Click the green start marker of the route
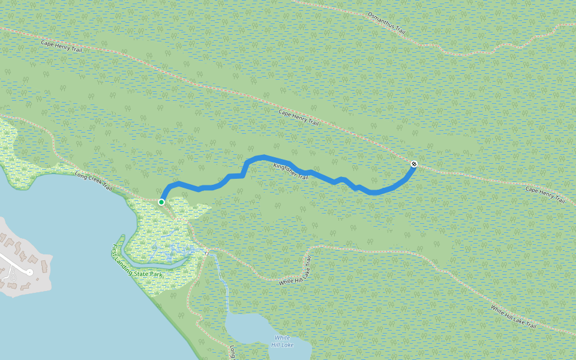pyautogui.click(x=161, y=202)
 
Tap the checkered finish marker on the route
pyautogui.click(x=414, y=164)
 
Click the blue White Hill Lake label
pyautogui.click(x=282, y=341)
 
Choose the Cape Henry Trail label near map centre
pyautogui.click(x=299, y=116)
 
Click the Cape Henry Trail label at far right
pyautogui.click(x=545, y=194)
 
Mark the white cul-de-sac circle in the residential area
pyautogui.click(x=28, y=272)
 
